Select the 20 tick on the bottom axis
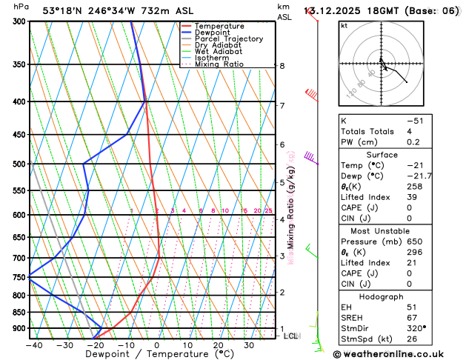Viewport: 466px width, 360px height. (x=218, y=344)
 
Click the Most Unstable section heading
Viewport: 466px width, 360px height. (x=398, y=231)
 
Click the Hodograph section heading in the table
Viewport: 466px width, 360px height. (x=398, y=295)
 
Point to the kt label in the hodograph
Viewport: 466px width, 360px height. (x=344, y=25)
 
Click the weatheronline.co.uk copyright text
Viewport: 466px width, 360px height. (x=400, y=353)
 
